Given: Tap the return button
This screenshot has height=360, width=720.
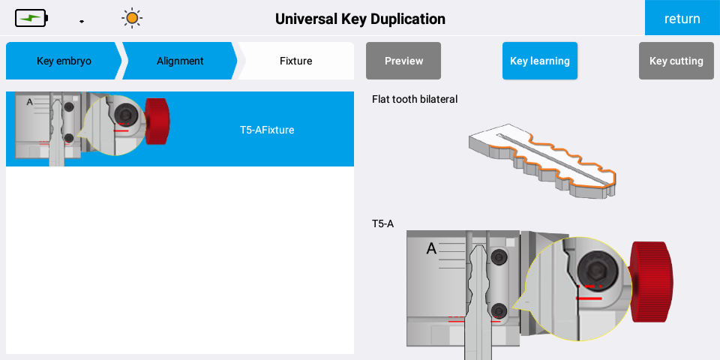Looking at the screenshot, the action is pyautogui.click(x=682, y=18).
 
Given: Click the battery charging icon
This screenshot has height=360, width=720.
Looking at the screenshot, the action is pyautogui.click(x=31, y=18).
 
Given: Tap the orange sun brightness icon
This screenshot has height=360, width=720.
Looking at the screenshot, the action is pyautogui.click(x=132, y=18).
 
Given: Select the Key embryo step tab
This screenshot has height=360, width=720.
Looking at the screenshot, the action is pyautogui.click(x=64, y=61).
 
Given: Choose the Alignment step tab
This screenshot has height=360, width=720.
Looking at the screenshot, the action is pyautogui.click(x=180, y=61).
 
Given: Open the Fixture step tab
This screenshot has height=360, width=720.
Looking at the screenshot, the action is pyautogui.click(x=295, y=61).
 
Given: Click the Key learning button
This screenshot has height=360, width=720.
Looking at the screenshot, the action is pyautogui.click(x=540, y=61).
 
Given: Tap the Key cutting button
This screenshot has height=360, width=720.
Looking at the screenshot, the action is pyautogui.click(x=676, y=61).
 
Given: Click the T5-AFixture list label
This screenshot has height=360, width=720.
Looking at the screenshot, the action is pyautogui.click(x=267, y=130).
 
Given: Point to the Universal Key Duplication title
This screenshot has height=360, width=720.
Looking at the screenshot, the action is pyautogui.click(x=360, y=19).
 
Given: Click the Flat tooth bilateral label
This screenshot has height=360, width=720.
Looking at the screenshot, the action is pyautogui.click(x=415, y=99).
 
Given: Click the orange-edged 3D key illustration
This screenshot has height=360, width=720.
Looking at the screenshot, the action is pyautogui.click(x=542, y=160).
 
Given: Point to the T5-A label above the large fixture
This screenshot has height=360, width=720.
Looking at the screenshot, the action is pyautogui.click(x=383, y=224).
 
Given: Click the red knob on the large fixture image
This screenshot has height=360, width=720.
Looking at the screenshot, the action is pyautogui.click(x=652, y=281).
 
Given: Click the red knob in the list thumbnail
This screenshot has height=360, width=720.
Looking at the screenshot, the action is pyautogui.click(x=157, y=121).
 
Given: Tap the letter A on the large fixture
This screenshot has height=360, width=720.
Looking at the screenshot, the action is pyautogui.click(x=431, y=249).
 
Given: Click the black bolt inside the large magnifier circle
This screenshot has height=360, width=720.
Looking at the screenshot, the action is pyautogui.click(x=597, y=270).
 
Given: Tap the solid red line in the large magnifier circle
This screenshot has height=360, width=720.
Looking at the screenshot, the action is pyautogui.click(x=589, y=298).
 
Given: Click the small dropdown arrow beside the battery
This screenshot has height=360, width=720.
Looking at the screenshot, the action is pyautogui.click(x=82, y=22).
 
